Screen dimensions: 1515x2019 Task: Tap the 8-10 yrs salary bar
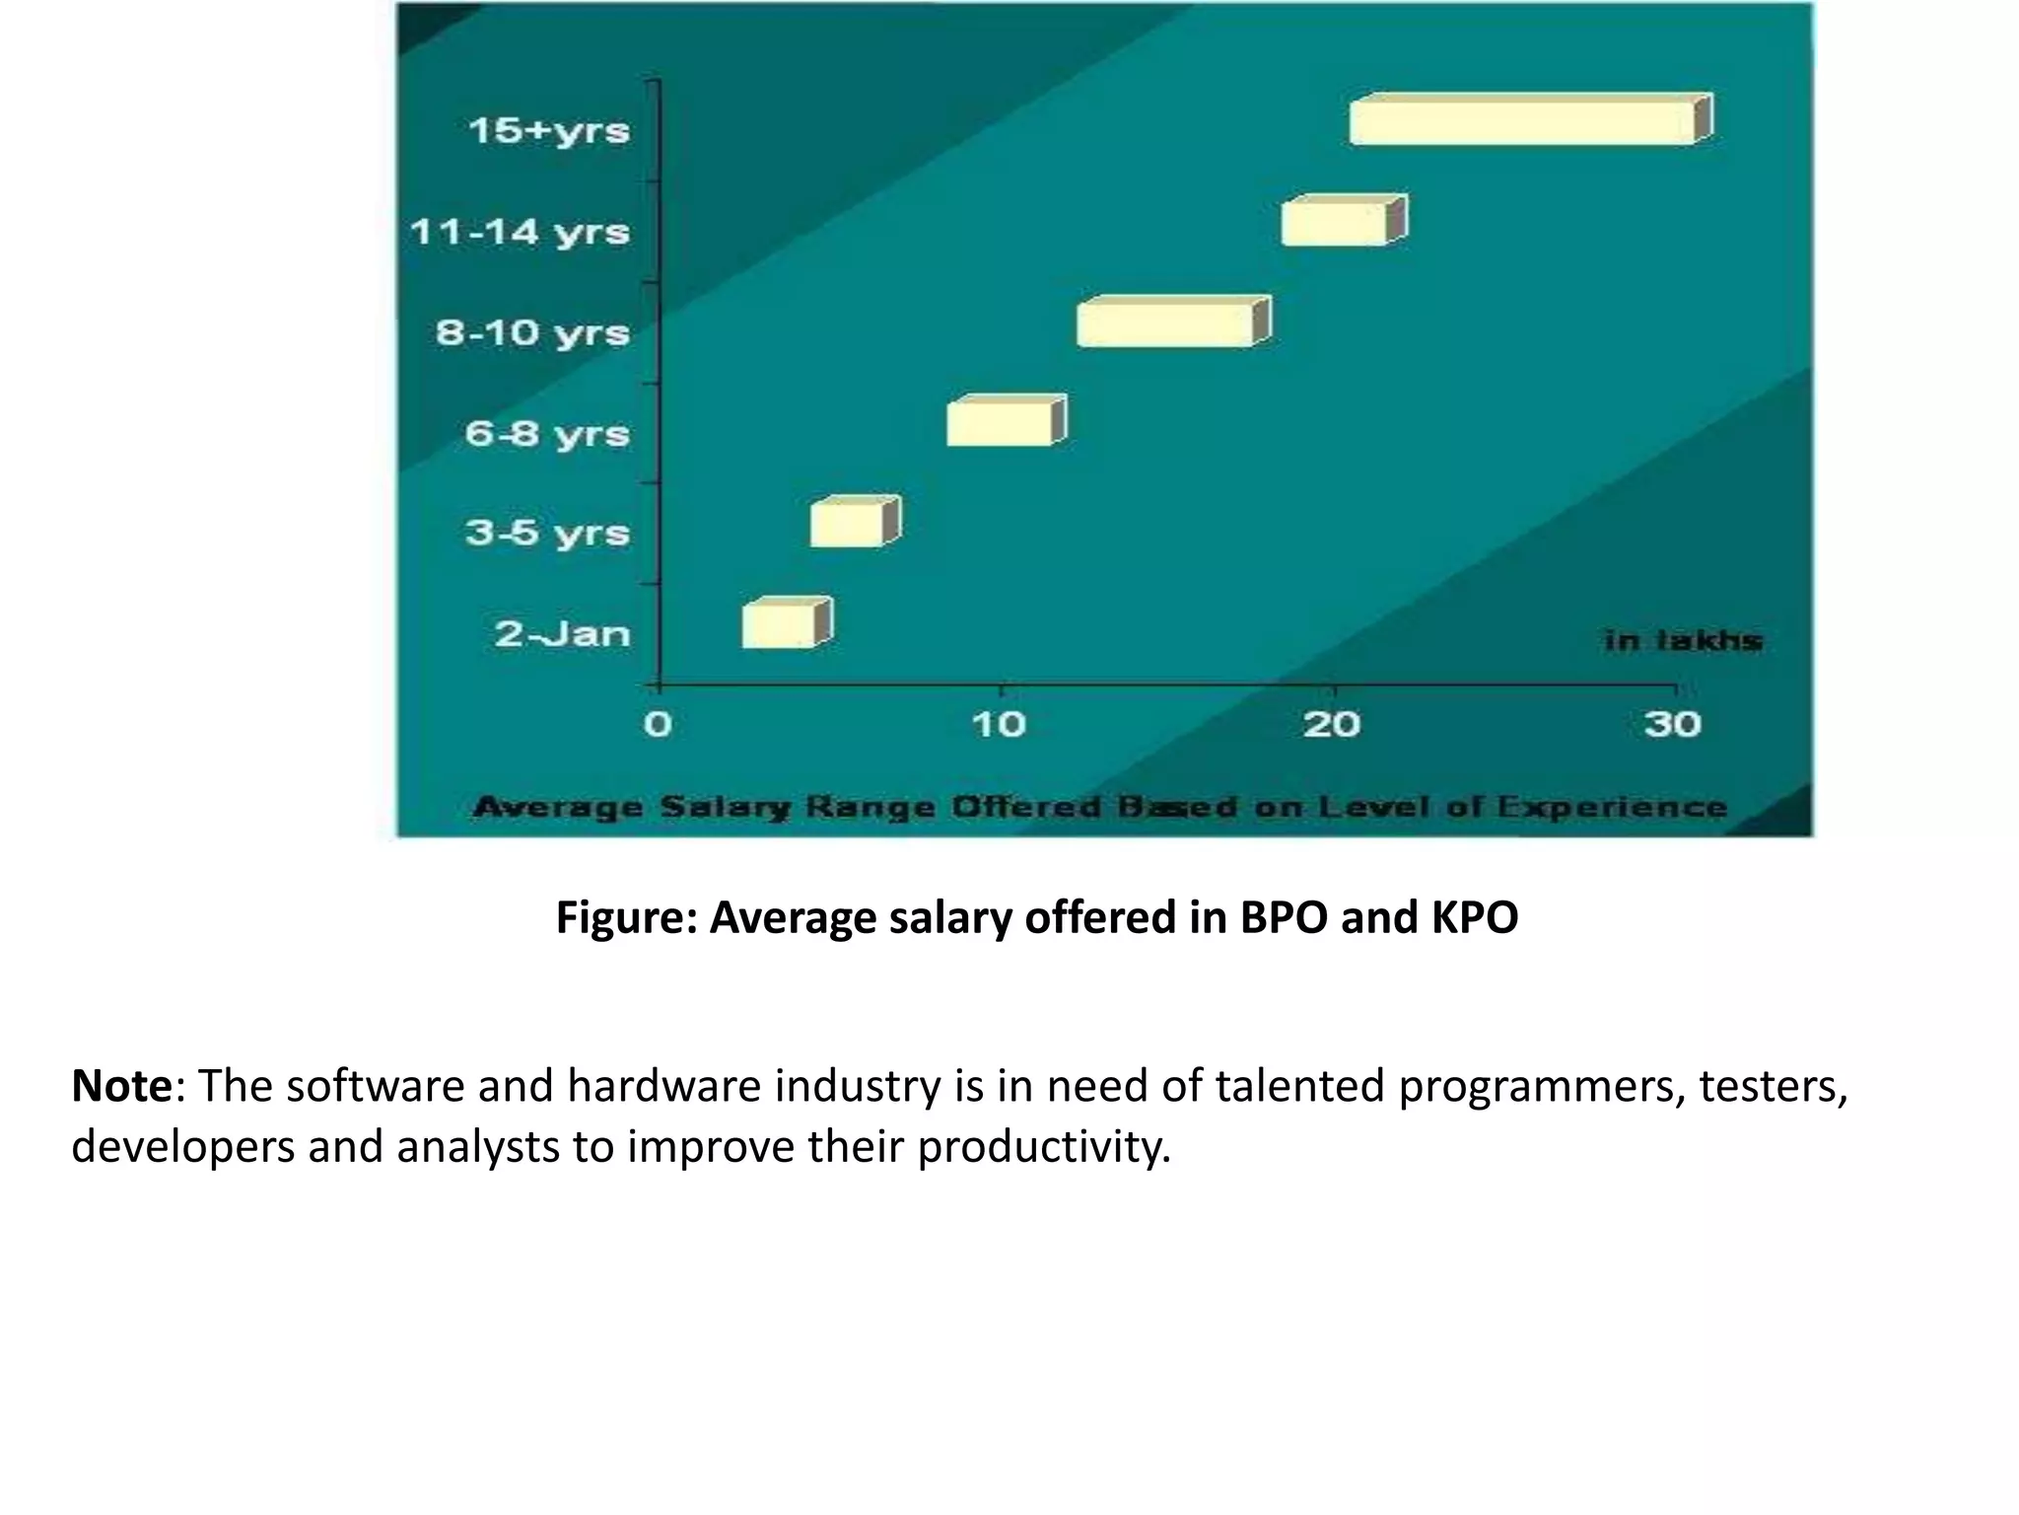pyautogui.click(x=1169, y=324)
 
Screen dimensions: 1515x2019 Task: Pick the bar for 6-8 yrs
pyautogui.click(x=1003, y=423)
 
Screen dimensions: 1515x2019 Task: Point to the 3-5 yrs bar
pyautogui.click(x=851, y=524)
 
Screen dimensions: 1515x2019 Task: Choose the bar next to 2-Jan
pyautogui.click(x=783, y=624)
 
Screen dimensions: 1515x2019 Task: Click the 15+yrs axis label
pyautogui.click(x=548, y=130)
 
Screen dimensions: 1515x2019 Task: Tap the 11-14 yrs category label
pyautogui.click(x=520, y=233)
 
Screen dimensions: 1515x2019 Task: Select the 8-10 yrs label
pyautogui.click(x=532, y=332)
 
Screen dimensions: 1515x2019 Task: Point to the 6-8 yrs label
pyautogui.click(x=547, y=433)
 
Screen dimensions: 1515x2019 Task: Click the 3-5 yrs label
pyautogui.click(x=547, y=533)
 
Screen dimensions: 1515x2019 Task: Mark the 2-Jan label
pyautogui.click(x=562, y=633)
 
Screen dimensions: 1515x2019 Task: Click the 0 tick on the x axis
pyautogui.click(x=658, y=725)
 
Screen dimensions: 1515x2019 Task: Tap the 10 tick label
pyautogui.click(x=999, y=725)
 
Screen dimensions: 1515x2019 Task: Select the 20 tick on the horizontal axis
pyautogui.click(x=1332, y=725)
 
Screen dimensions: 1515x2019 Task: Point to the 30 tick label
pyautogui.click(x=1672, y=725)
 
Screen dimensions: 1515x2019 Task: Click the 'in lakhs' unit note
pyautogui.click(x=1683, y=641)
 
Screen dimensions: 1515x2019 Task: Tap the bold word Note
pyautogui.click(x=121, y=1086)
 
